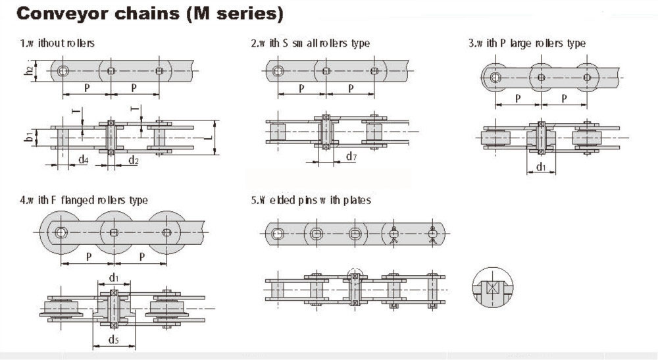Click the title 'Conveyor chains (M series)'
pos(141,14)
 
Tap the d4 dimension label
pos(84,160)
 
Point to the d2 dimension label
pos(133,160)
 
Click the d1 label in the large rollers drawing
pos(541,168)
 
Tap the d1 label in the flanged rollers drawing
pos(114,277)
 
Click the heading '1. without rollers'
pos(57,43)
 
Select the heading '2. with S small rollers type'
pos(310,43)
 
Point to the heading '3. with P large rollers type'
pos(526,43)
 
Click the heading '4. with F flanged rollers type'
pos(84,200)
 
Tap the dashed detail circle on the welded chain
pos(354,276)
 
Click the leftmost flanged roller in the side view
pos(61,232)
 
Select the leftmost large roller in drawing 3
pos(495,77)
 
